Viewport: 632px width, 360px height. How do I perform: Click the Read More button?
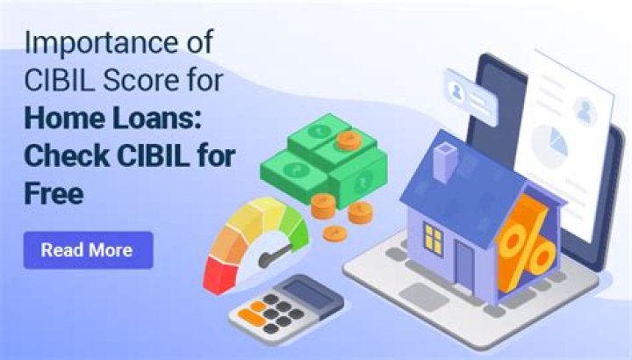87,249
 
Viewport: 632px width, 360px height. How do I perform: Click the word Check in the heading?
62,155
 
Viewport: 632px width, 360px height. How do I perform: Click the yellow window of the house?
434,238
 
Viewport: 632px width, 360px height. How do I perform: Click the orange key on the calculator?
255,309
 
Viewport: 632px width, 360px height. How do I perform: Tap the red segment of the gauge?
219,267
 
